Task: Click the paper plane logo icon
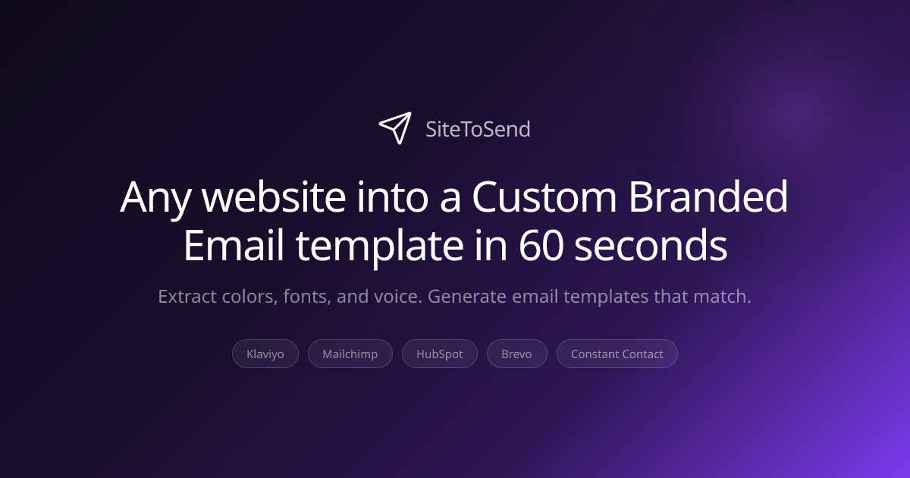click(395, 127)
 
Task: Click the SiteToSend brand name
click(478, 130)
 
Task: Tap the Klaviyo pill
click(265, 354)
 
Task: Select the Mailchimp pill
click(350, 354)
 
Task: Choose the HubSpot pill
click(440, 354)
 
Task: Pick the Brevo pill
click(516, 354)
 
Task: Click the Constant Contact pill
click(617, 354)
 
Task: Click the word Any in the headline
click(155, 197)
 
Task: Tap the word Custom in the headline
click(544, 197)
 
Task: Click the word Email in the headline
click(232, 246)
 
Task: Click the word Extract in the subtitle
click(186, 296)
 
